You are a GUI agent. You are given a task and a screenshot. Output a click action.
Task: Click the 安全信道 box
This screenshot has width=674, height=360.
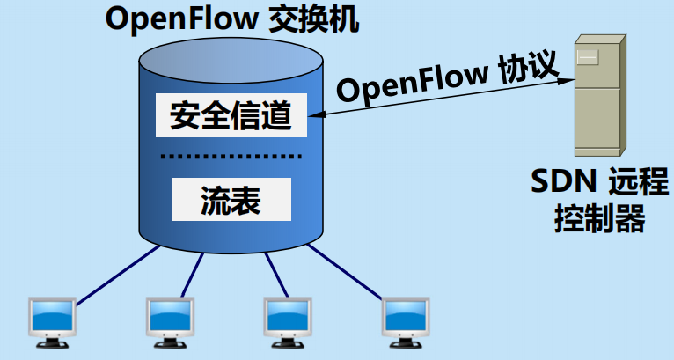click(x=231, y=114)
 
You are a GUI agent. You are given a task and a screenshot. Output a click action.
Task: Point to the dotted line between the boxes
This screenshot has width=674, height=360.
click(x=231, y=158)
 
